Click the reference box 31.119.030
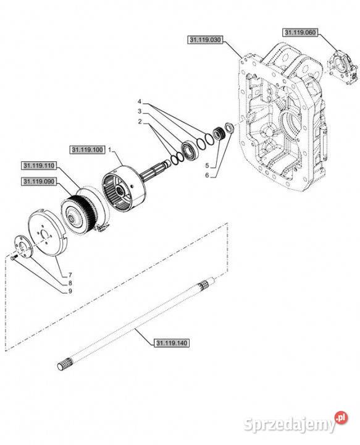click(x=205, y=40)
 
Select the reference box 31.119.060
click(x=300, y=32)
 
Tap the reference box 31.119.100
click(x=88, y=150)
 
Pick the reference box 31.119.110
click(x=39, y=166)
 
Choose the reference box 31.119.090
click(x=39, y=181)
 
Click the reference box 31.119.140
click(x=172, y=343)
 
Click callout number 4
click(x=140, y=101)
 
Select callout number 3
click(x=140, y=111)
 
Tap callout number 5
click(x=207, y=166)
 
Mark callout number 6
click(x=207, y=176)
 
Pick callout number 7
click(x=70, y=275)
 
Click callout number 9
click(x=70, y=291)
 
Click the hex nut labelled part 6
click(x=229, y=127)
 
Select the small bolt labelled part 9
click(x=14, y=257)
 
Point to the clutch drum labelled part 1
click(x=124, y=189)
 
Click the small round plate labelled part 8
click(x=23, y=247)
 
